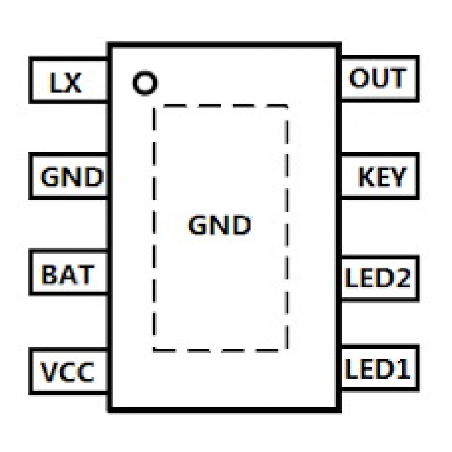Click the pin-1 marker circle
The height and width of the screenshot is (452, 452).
pyautogui.click(x=145, y=83)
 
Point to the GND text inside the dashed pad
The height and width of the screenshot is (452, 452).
pyautogui.click(x=220, y=225)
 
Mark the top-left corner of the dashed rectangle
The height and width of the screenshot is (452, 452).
pyautogui.click(x=154, y=107)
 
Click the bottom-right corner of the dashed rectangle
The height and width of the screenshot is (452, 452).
pyautogui.click(x=287, y=350)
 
